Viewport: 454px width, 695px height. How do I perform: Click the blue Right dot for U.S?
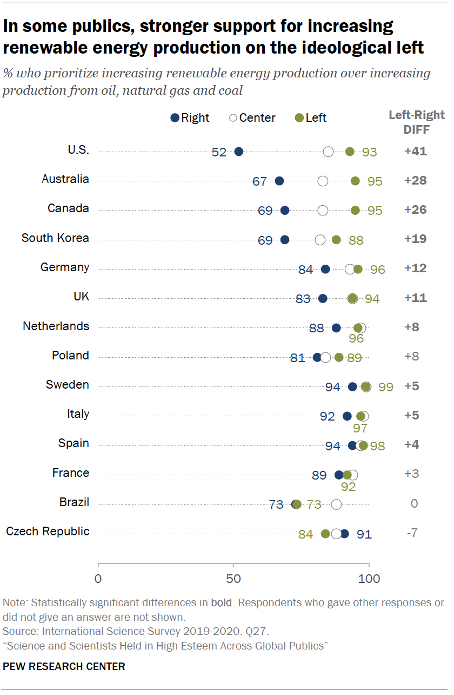[239, 152]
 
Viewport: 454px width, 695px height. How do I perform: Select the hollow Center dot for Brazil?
[336, 504]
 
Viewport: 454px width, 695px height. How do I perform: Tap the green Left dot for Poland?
[339, 358]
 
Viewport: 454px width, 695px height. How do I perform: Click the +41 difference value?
[415, 152]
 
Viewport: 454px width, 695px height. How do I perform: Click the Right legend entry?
[189, 118]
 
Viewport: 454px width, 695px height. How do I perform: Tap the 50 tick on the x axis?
[233, 579]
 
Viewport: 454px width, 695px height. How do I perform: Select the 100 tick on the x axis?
[369, 579]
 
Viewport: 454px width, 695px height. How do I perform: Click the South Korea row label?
[55, 238]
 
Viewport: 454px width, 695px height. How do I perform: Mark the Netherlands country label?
[56, 326]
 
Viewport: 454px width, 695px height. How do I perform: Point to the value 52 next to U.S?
[219, 153]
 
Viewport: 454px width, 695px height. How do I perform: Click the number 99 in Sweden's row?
[386, 388]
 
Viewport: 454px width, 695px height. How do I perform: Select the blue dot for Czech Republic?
[344, 534]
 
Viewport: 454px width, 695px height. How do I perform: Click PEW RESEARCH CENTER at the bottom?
[64, 667]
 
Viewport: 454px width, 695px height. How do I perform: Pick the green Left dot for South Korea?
[336, 240]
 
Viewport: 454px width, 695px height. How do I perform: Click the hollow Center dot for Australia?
[323, 181]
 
